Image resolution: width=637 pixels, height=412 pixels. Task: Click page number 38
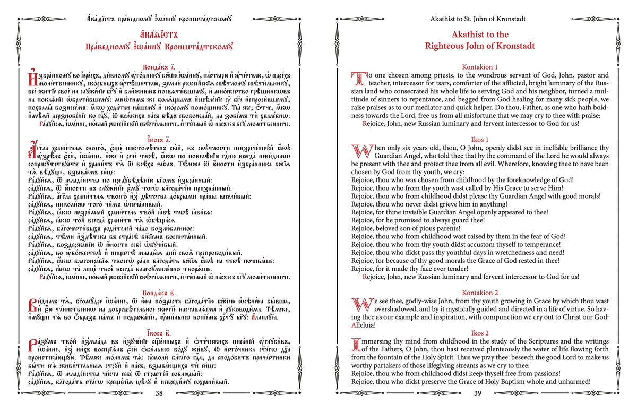click(159, 393)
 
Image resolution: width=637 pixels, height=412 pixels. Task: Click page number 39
click(477, 393)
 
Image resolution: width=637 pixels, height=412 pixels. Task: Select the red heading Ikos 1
click(480, 139)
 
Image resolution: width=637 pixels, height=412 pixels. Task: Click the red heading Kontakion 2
click(480, 293)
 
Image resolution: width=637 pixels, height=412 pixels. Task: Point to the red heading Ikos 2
click(480, 333)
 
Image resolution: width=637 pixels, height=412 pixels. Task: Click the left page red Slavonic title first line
click(159, 35)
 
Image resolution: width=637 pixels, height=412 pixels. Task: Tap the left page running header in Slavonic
click(159, 19)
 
